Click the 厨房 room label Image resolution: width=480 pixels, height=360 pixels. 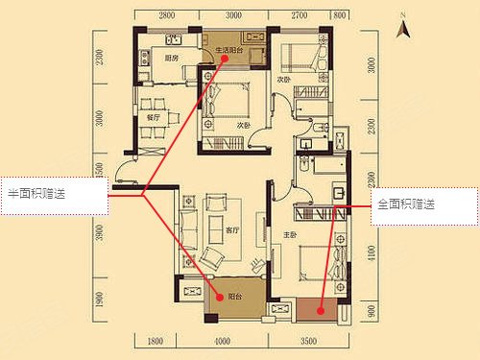click(172, 59)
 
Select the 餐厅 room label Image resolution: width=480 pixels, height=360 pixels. click(152, 119)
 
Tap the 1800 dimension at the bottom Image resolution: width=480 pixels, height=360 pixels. click(155, 340)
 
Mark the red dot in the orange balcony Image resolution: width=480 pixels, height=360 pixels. click(318, 308)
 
